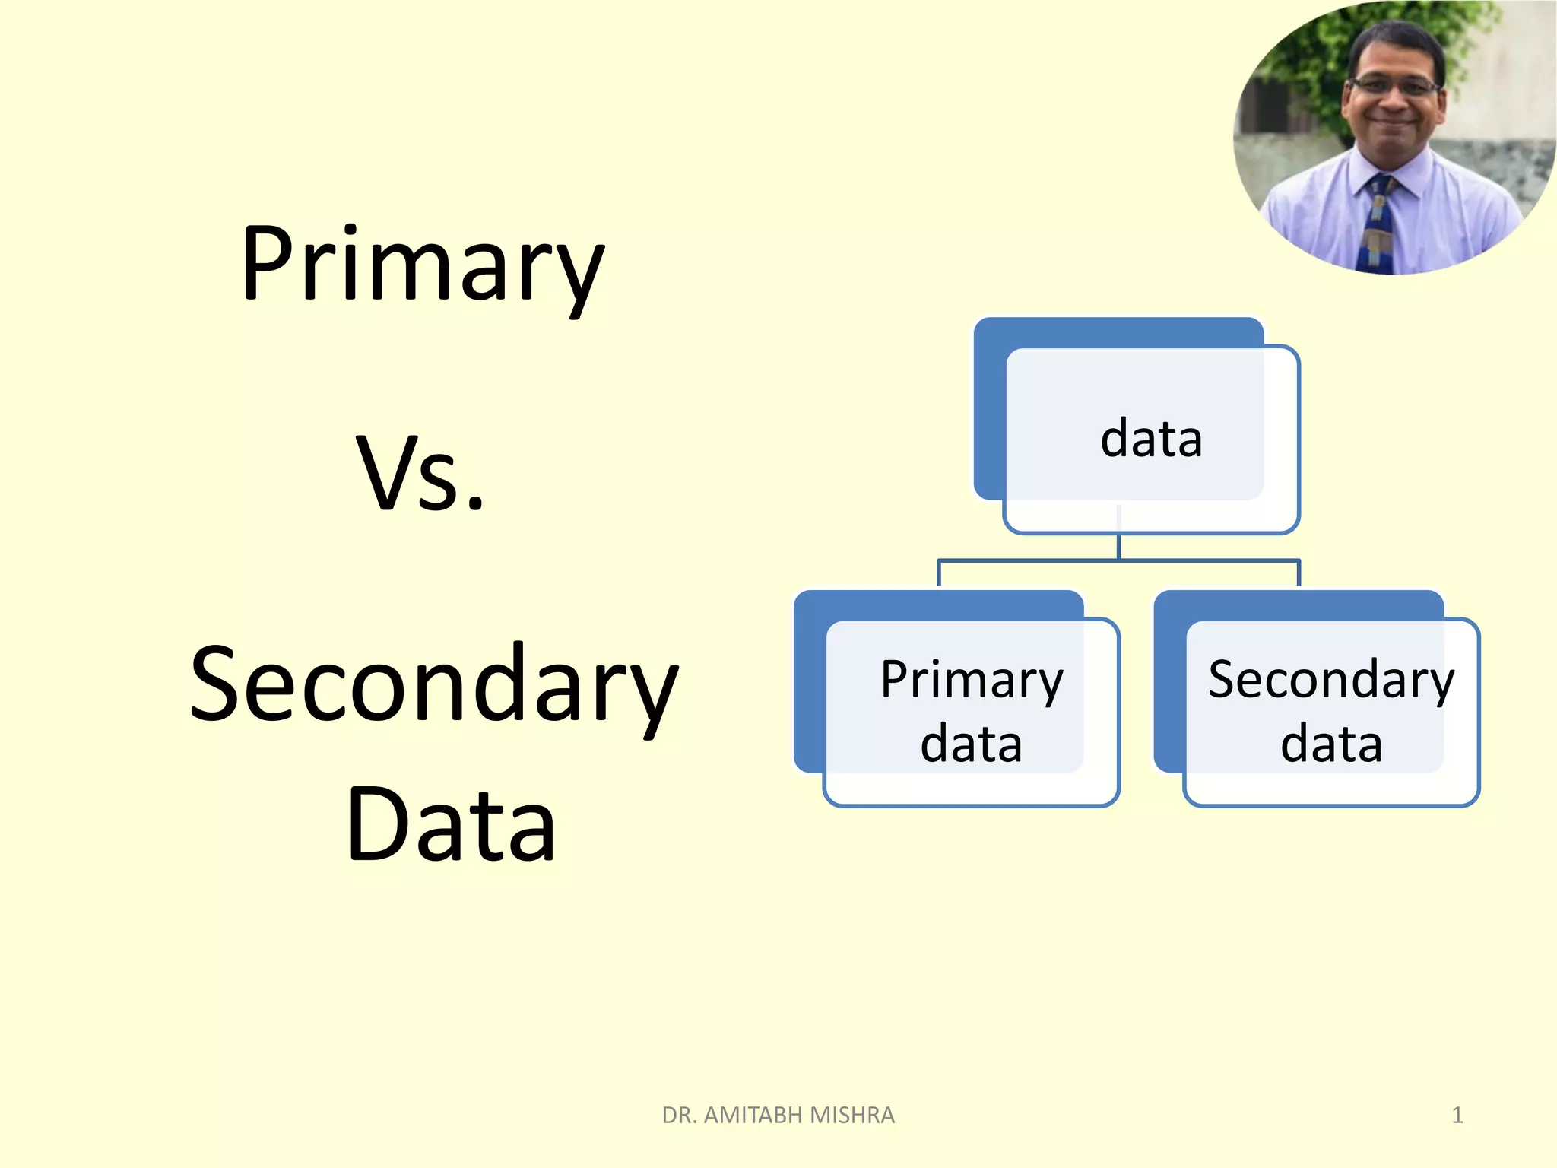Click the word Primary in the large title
pyautogui.click(x=423, y=265)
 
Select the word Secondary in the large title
pyautogui.click(x=433, y=684)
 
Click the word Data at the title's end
pyautogui.click(x=451, y=825)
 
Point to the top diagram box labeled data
pyautogui.click(x=1151, y=440)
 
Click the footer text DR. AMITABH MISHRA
pyautogui.click(x=778, y=1115)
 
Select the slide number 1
pyautogui.click(x=1457, y=1115)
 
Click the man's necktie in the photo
pyautogui.click(x=1380, y=224)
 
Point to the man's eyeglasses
pyautogui.click(x=1395, y=86)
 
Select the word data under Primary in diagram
pyautogui.click(x=971, y=744)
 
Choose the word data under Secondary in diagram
pyautogui.click(x=1331, y=744)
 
